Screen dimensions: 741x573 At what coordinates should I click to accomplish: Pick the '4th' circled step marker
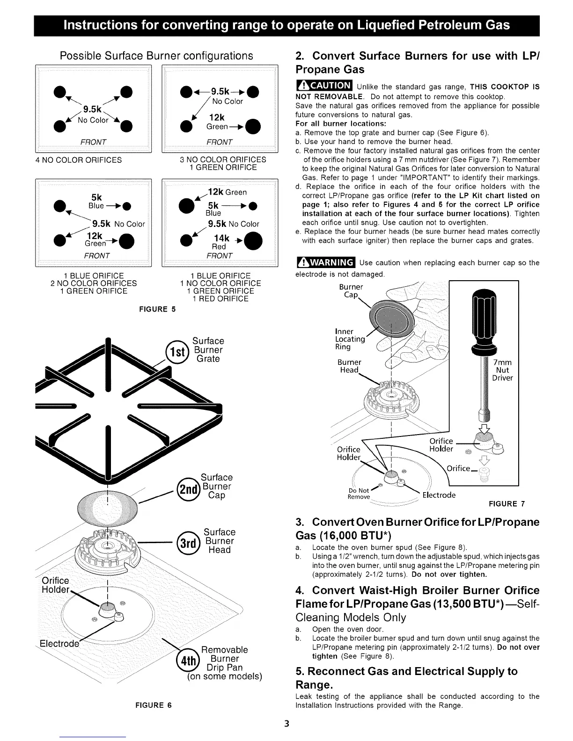coord(187,659)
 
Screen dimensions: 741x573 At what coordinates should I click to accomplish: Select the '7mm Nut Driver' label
coord(502,370)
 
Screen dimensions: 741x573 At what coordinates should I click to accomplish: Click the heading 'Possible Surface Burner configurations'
coord(156,56)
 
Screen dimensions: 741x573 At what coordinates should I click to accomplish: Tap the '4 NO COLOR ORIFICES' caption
coord(79,160)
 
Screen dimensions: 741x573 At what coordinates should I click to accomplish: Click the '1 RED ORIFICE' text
coord(220,299)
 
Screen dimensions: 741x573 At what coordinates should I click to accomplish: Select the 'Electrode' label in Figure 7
coord(439,495)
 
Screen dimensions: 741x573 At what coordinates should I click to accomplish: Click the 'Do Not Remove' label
coord(359,494)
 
